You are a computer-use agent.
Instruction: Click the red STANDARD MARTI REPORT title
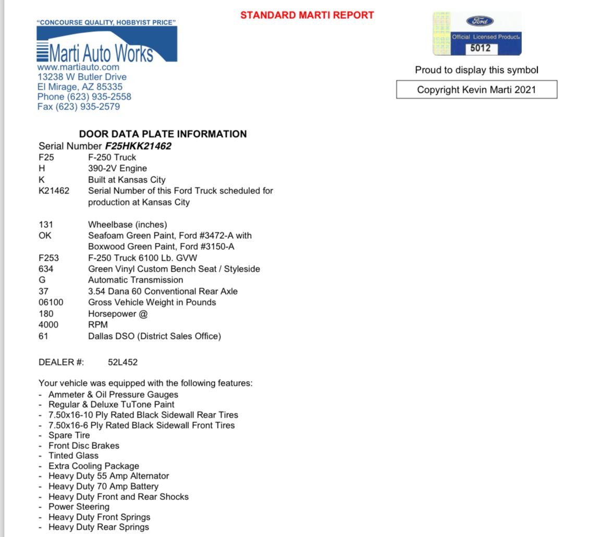tap(307, 15)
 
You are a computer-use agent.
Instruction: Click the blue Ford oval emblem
tap(480, 21)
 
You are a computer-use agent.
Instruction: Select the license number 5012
tap(480, 48)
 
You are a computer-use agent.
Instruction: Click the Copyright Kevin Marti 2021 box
tap(476, 90)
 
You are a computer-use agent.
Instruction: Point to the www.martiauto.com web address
tap(78, 67)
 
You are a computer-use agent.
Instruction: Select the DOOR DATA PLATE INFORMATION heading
tap(163, 134)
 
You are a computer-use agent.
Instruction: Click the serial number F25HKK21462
tap(138, 146)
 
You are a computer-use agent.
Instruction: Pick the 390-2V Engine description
tap(117, 168)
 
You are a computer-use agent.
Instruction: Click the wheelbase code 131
tap(46, 225)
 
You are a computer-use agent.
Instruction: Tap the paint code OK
tap(45, 236)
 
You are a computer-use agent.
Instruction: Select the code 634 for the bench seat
tap(46, 269)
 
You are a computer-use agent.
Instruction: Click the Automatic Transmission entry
tap(136, 280)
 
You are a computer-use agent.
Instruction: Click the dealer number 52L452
tap(123, 362)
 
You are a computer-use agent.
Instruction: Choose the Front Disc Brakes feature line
tap(84, 446)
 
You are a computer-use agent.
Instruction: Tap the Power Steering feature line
tap(79, 507)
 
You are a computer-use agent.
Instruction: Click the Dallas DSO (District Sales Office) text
tap(154, 336)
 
